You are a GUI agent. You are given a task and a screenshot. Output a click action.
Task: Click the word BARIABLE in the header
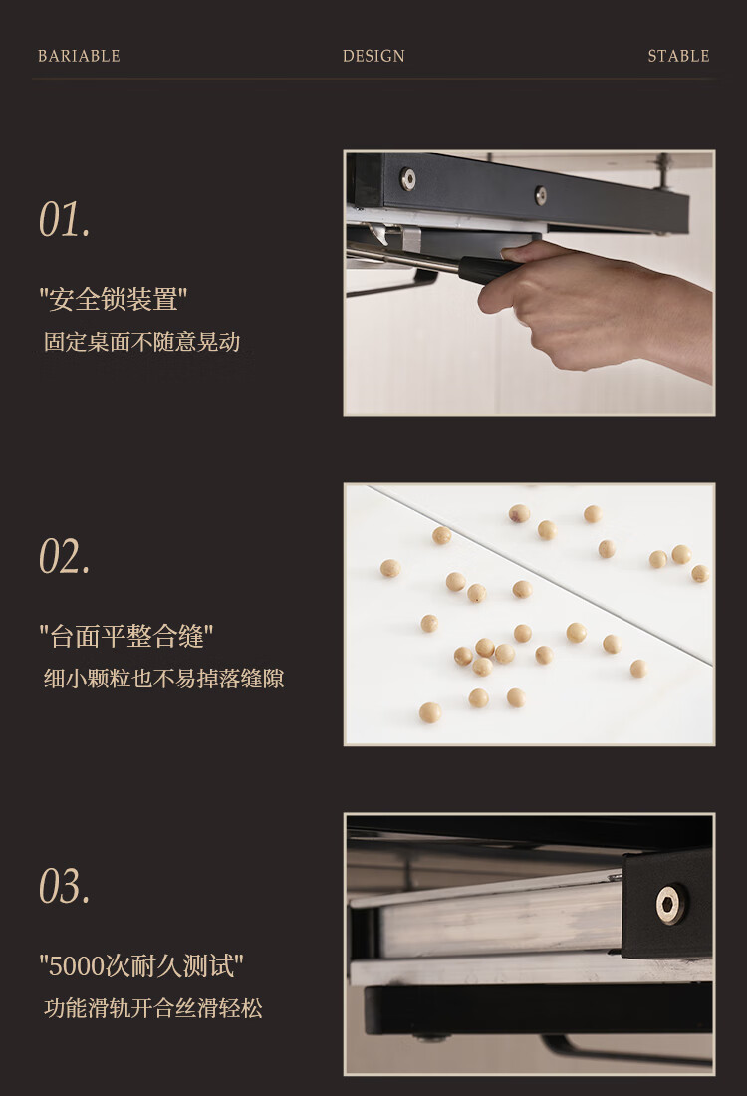79,56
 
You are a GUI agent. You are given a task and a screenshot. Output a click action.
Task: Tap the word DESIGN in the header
373,56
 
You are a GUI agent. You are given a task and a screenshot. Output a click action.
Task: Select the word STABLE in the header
678,56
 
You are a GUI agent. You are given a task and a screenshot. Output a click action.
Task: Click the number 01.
65,219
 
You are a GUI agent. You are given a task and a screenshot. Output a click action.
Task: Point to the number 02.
65,556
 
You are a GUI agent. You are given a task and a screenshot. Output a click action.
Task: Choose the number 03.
65,887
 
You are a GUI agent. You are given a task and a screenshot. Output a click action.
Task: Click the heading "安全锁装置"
114,299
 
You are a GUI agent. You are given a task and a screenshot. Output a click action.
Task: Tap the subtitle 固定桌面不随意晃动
141,342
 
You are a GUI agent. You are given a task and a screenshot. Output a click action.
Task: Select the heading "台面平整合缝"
125,636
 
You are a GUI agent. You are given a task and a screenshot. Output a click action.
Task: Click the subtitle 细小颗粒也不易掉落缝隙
163,679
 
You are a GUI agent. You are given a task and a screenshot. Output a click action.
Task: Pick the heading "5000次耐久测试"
141,966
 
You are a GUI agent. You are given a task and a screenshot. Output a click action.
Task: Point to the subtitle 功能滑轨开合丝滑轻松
153,1008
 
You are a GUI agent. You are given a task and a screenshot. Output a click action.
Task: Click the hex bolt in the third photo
672,904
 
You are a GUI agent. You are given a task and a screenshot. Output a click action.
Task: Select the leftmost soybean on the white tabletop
389,568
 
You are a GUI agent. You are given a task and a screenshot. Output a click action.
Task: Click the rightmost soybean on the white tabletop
700,573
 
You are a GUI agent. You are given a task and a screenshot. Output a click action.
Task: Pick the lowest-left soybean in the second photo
429,712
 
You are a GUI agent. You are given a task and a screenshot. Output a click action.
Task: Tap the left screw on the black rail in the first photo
407,179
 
